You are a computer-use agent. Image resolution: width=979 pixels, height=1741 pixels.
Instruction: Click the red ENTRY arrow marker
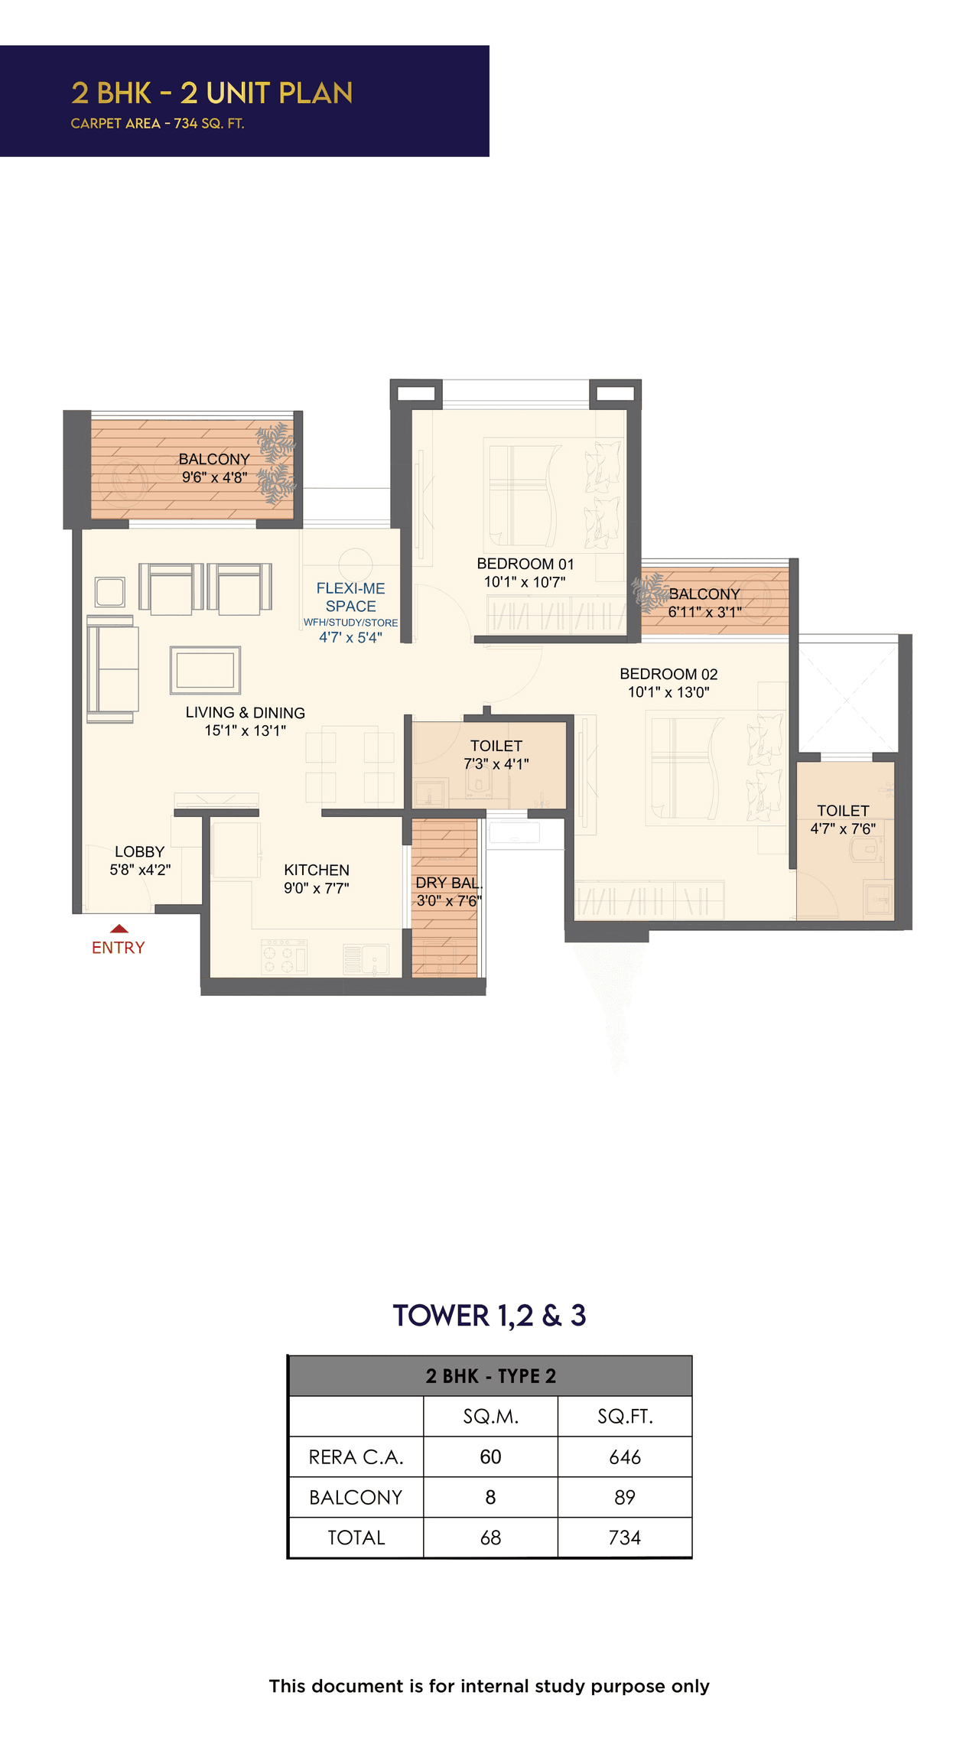tap(119, 929)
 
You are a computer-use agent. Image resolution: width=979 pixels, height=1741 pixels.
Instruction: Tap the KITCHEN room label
tap(316, 870)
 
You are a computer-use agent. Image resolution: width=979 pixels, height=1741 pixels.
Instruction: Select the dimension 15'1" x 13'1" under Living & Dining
tap(245, 731)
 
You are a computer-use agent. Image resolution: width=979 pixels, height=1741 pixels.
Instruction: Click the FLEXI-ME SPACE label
tap(350, 597)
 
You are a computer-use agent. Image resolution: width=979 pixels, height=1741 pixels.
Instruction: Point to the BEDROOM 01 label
tap(525, 564)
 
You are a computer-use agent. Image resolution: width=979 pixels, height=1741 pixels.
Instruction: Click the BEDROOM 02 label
tap(668, 674)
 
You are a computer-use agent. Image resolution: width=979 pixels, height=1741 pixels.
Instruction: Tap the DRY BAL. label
tap(448, 883)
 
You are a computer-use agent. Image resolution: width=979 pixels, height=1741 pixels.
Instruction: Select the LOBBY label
tap(139, 851)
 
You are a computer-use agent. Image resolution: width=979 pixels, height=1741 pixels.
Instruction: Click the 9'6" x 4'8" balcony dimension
tap(214, 477)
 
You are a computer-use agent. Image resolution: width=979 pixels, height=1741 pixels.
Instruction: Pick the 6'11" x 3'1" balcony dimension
tap(704, 612)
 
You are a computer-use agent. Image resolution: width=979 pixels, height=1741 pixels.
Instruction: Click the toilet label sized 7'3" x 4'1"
tap(496, 746)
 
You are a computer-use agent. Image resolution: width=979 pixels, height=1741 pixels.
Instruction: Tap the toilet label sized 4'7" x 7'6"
tap(843, 811)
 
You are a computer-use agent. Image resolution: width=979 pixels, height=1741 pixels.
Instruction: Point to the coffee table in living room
tap(205, 670)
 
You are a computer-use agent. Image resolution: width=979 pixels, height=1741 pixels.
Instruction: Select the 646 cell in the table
tap(624, 1457)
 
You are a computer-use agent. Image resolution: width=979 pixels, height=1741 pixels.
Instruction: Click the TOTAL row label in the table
tap(356, 1538)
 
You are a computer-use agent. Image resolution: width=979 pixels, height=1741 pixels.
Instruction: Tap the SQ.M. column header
tap(490, 1417)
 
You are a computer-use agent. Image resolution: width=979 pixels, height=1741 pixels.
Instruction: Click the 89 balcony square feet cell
tap(624, 1497)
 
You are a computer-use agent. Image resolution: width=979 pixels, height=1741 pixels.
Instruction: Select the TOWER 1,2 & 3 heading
tap(489, 1316)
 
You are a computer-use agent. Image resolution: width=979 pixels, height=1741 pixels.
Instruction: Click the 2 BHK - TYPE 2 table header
tap(490, 1376)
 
